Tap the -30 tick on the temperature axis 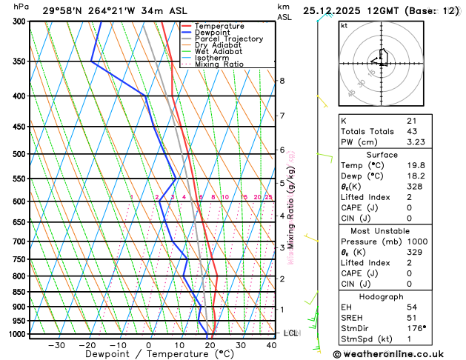(x=56, y=345)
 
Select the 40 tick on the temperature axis (x=272, y=345)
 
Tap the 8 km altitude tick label (x=282, y=80)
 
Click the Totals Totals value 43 (x=411, y=131)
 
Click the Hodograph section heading (x=382, y=296)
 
